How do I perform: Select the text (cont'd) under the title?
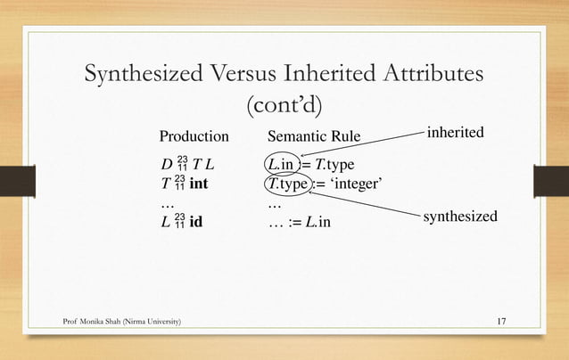click(284, 106)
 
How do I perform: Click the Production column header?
click(194, 137)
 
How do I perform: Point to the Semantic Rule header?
click(314, 137)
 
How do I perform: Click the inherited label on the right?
click(455, 133)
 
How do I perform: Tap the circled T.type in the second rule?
click(287, 184)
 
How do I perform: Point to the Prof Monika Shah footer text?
click(124, 321)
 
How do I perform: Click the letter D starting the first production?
click(165, 166)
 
